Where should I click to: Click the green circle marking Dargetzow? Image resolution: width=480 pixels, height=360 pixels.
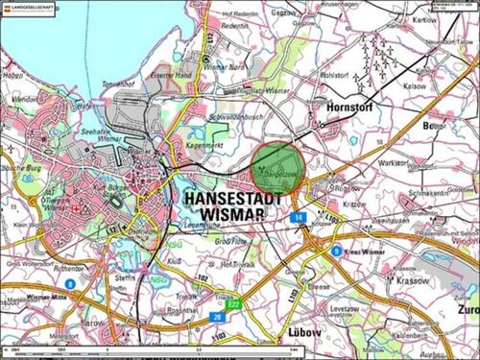tap(277, 168)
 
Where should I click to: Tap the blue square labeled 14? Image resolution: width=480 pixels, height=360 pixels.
tap(299, 219)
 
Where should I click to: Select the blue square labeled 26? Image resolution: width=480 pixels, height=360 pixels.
tap(218, 316)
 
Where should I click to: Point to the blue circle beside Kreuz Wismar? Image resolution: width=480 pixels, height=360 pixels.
tap(336, 251)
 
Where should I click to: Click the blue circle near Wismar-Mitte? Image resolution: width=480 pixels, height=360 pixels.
tap(70, 284)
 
